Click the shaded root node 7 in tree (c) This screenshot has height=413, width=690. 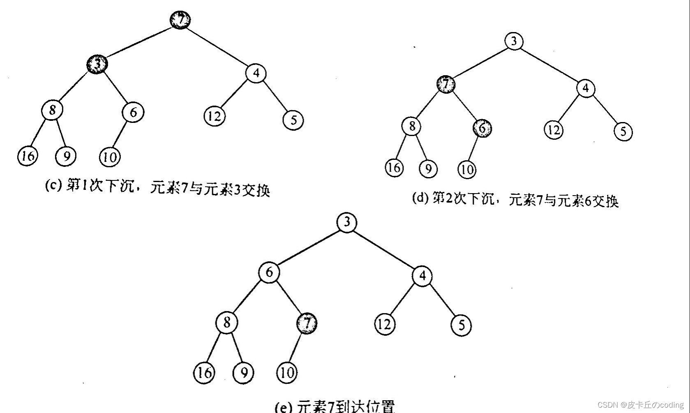point(180,20)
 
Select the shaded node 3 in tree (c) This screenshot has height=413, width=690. point(97,64)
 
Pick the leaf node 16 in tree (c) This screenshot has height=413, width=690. point(28,156)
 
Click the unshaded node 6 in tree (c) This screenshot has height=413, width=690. point(133,112)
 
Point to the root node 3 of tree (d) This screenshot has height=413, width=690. point(514,41)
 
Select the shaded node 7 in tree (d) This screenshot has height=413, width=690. point(446,85)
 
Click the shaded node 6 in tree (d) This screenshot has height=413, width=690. point(482,128)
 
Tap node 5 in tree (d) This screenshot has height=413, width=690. point(623,131)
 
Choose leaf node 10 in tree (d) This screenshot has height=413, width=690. point(467,169)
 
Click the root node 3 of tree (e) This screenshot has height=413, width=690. point(347,222)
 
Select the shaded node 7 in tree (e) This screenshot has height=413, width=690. point(307,323)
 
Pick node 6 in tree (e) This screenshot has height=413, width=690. point(269,272)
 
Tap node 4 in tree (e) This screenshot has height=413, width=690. point(422,276)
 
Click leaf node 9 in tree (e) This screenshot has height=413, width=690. point(243,373)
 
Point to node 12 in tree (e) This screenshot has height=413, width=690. point(385,324)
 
